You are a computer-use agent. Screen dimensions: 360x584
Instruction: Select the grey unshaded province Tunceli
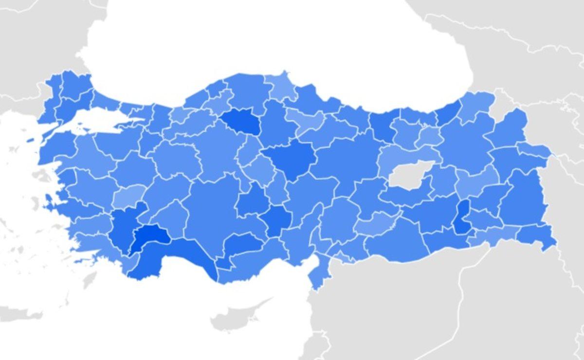pos(409,176)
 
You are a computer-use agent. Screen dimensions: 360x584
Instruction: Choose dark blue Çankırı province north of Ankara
pos(240,122)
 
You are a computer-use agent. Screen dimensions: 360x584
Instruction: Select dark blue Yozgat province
pos(291,158)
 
